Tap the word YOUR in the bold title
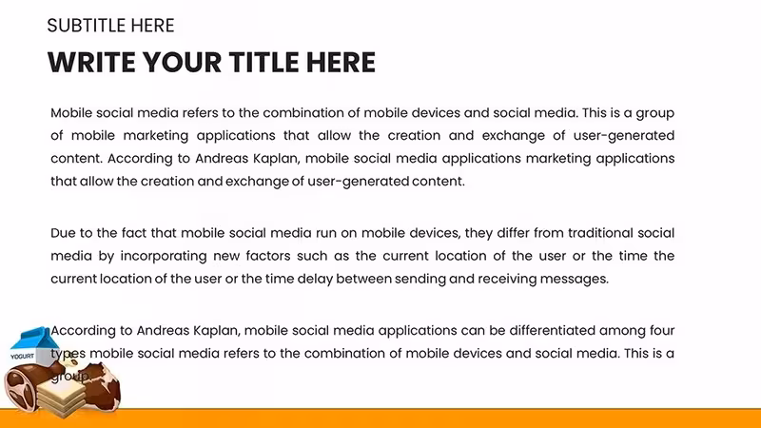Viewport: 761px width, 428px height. (182, 62)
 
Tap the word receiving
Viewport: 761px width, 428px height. (507, 279)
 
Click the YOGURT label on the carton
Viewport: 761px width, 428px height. (22, 356)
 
